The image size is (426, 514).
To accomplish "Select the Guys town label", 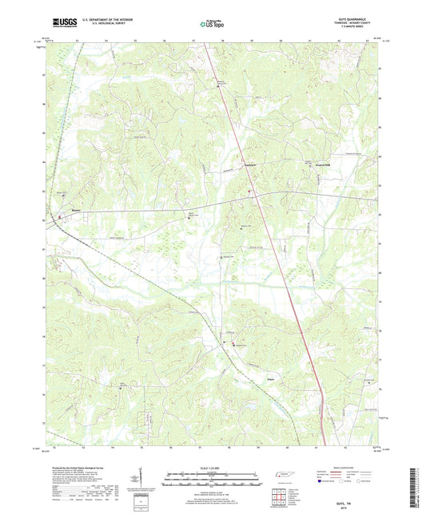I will [273, 370].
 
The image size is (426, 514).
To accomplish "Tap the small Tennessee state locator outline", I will [282, 476].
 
